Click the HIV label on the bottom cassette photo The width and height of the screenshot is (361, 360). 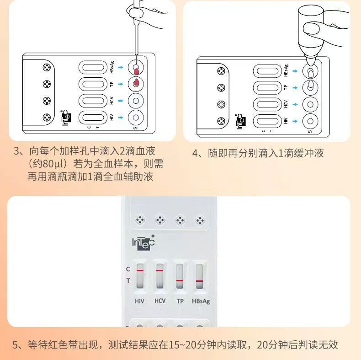click(x=139, y=301)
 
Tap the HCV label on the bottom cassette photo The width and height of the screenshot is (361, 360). click(x=160, y=301)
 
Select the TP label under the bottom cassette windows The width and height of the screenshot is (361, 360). click(x=180, y=301)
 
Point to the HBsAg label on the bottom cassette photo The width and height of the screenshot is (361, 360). click(x=201, y=301)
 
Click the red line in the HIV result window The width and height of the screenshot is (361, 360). click(x=140, y=270)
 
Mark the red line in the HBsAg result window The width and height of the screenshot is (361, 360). click(x=200, y=280)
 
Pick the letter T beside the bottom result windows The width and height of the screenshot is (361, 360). click(x=128, y=280)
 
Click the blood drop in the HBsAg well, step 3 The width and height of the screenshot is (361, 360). click(x=136, y=70)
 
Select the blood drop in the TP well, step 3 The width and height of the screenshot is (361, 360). click(x=136, y=83)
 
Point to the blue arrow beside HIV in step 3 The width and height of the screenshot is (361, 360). click(x=121, y=118)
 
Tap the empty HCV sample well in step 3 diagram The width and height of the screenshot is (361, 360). click(x=135, y=101)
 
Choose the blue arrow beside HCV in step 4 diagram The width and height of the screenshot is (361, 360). click(x=295, y=104)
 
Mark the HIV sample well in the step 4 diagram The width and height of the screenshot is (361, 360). click(x=310, y=121)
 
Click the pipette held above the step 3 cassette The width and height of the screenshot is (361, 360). click(x=135, y=32)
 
